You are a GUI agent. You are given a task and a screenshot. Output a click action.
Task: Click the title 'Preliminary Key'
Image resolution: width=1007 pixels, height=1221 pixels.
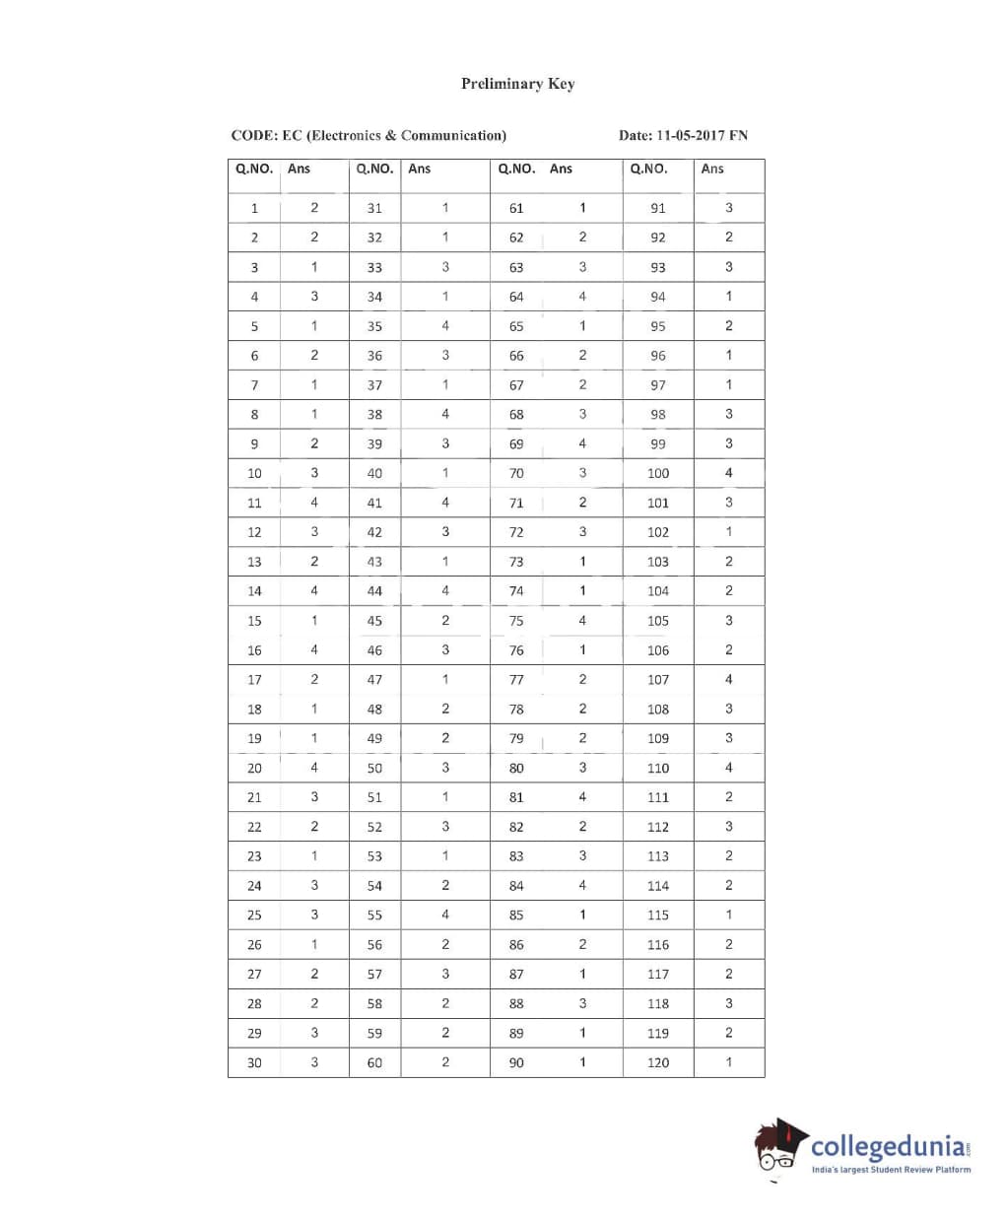517,84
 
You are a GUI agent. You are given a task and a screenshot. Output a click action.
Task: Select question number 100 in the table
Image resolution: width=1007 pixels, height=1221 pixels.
658,473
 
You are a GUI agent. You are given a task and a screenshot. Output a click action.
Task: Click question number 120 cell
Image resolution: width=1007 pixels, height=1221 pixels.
658,1062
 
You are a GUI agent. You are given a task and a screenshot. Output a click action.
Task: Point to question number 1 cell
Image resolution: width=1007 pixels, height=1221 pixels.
254,208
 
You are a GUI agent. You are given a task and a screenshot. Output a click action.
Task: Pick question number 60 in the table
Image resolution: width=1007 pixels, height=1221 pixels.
374,1062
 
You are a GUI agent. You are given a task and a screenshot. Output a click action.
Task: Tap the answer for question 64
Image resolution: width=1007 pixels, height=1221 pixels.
582,296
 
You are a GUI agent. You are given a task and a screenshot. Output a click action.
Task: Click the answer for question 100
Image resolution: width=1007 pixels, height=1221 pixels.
729,472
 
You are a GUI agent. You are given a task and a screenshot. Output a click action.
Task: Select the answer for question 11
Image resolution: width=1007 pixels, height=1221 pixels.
314,502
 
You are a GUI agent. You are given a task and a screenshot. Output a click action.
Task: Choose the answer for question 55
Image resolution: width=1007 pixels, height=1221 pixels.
445,915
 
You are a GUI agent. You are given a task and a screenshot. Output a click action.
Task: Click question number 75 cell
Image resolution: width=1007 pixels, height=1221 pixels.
516,621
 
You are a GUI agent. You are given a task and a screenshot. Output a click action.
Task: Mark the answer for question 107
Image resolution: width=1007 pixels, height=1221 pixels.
729,679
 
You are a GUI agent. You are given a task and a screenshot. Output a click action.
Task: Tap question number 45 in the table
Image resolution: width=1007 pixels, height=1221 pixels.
374,621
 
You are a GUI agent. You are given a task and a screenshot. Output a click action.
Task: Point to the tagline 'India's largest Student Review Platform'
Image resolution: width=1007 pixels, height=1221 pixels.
891,1170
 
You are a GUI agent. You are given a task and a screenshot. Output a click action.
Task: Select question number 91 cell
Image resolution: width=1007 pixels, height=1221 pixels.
658,208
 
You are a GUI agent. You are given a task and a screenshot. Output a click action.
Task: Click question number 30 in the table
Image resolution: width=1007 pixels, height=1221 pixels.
254,1062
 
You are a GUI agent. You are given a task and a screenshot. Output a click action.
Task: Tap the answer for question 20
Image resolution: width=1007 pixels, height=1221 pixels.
314,767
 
